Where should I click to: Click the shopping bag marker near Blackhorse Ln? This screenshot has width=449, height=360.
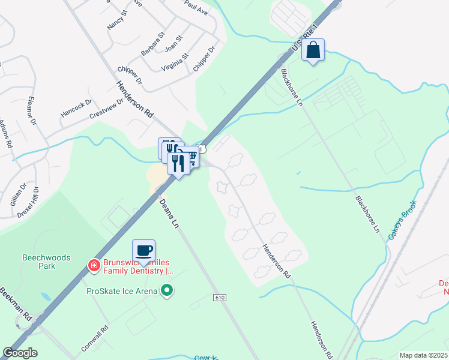313,50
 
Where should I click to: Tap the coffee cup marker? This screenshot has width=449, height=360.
143,250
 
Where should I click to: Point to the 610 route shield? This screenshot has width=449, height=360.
220,298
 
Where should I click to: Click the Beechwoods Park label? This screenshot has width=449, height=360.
46,262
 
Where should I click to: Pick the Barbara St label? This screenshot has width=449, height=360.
152,45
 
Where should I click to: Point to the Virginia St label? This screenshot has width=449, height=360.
175,62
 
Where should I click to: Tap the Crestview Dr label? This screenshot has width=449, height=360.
106,108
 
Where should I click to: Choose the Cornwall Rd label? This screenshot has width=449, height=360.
95,339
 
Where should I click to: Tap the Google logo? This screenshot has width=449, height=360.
20,353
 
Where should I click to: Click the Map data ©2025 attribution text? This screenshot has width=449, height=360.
423,355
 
